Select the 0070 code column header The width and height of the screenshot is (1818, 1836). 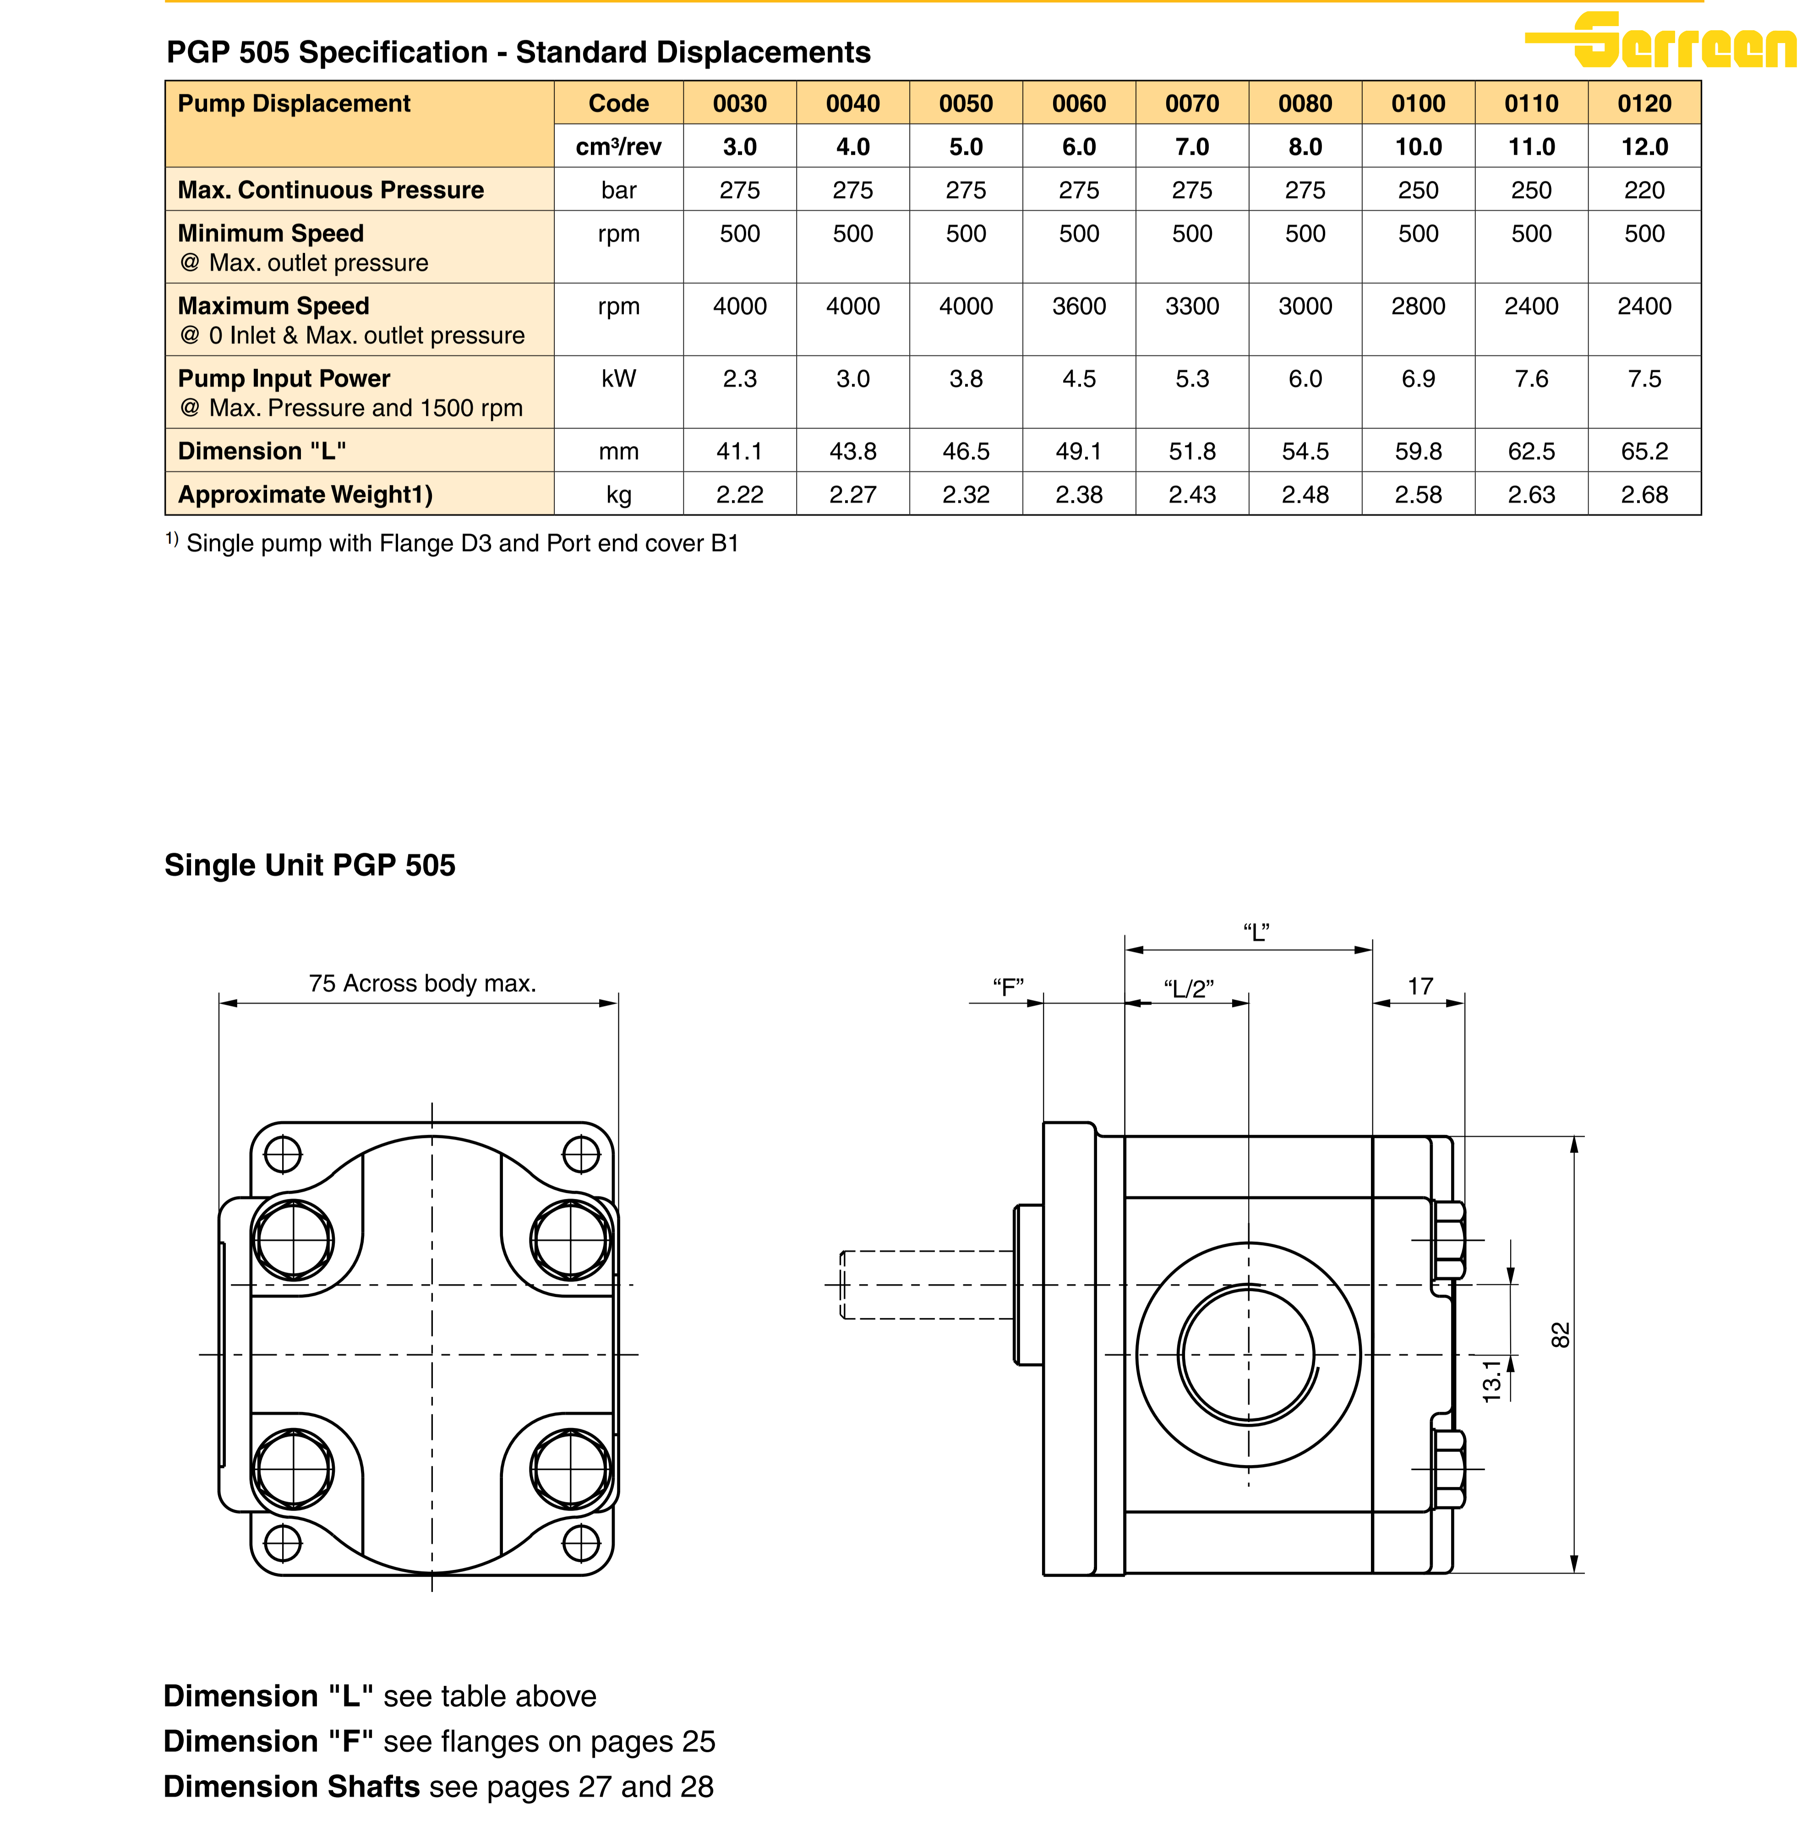point(1192,104)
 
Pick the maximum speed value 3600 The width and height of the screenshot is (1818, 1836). point(1079,306)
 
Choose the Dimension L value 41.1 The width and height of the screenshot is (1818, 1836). point(739,452)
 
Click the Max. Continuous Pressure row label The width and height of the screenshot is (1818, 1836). point(331,190)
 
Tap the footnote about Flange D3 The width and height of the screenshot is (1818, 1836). point(453,544)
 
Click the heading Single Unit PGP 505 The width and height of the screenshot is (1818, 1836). point(310,865)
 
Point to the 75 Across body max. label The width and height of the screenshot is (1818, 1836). point(422,984)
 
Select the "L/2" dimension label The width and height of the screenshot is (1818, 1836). point(1189,989)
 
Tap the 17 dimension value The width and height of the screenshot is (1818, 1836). point(1420,986)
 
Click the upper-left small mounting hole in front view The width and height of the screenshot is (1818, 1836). point(282,1155)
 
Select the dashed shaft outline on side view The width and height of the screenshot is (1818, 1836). point(927,1285)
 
